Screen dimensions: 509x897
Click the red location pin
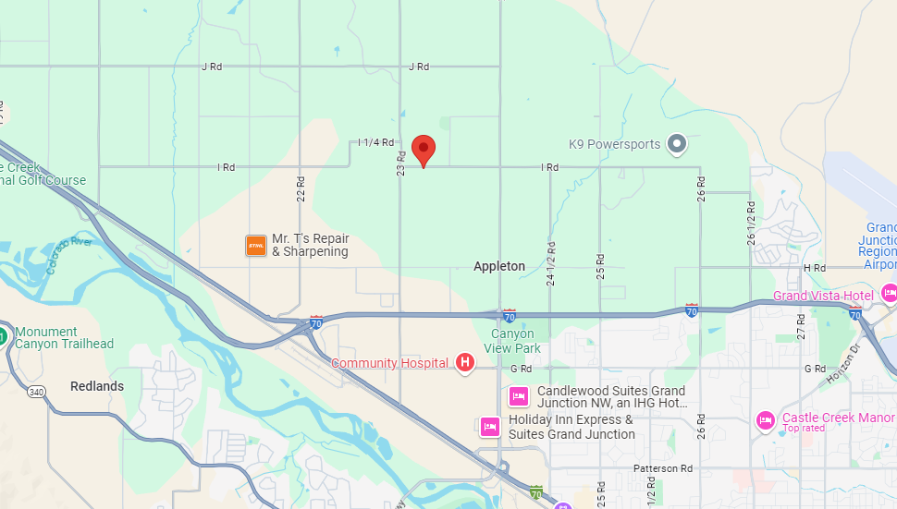(x=424, y=149)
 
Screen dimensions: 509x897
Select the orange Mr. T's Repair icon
(x=256, y=245)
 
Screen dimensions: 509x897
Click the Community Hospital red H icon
(x=465, y=363)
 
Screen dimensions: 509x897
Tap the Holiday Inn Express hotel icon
(x=490, y=427)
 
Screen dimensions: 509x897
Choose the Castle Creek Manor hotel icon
(x=765, y=420)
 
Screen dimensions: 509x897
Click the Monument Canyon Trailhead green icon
(x=3, y=334)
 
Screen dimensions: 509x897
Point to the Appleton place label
(x=499, y=266)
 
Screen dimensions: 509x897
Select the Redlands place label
(x=97, y=386)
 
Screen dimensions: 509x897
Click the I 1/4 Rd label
(x=376, y=142)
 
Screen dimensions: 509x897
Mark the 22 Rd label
(x=301, y=188)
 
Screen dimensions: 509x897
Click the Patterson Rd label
(x=663, y=469)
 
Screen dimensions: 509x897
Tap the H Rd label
(x=815, y=268)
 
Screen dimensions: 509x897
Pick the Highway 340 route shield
(x=36, y=392)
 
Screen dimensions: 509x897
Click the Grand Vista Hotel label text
(x=823, y=296)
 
